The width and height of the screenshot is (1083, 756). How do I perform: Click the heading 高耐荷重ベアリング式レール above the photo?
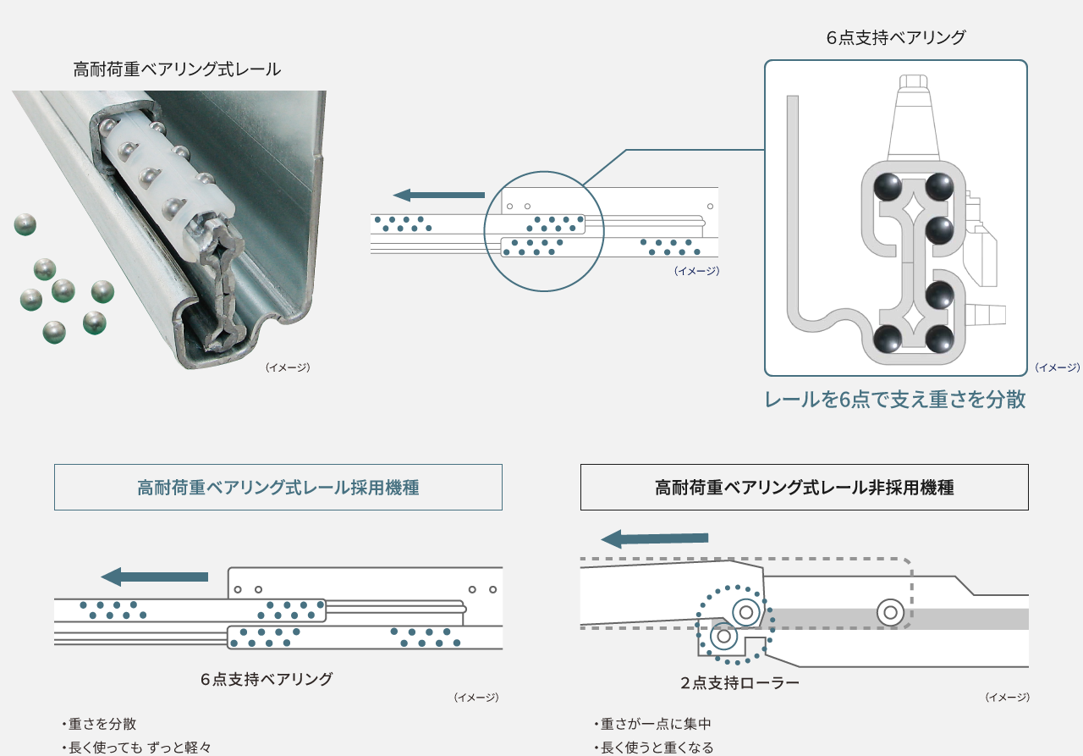[177, 69]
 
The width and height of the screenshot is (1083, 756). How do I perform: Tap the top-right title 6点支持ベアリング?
[896, 37]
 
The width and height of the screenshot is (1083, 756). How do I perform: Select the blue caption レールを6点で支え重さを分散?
[895, 400]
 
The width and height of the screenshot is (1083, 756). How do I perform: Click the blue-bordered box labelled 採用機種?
[278, 488]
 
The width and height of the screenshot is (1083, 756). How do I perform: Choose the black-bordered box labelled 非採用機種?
[804, 488]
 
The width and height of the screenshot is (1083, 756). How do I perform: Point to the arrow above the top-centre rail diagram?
[439, 195]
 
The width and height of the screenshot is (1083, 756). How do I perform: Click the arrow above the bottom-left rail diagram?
[154, 577]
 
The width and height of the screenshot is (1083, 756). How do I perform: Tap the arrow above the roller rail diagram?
[654, 538]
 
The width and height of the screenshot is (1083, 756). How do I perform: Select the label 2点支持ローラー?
[739, 682]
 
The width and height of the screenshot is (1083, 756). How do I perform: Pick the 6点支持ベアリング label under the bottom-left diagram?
[267, 679]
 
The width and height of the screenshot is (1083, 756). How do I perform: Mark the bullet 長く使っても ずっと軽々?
[138, 747]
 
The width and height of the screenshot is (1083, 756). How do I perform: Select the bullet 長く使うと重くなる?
[657, 747]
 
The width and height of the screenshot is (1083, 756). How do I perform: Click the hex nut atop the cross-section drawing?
[912, 82]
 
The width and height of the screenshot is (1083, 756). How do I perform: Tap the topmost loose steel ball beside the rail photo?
[25, 224]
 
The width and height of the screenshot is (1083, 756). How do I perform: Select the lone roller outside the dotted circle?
[889, 611]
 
